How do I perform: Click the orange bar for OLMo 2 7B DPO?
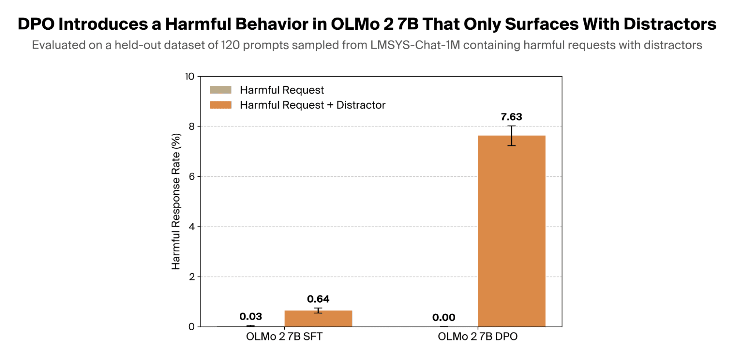point(511,231)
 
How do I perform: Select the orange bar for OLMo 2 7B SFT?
point(318,318)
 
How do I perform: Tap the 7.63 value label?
point(511,117)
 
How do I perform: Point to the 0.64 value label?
point(318,299)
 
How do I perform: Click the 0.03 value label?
point(251,316)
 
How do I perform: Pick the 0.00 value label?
point(444,317)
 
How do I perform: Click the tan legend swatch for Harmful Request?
point(221,90)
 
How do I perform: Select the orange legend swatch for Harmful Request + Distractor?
point(221,105)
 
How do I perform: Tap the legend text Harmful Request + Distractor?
point(313,105)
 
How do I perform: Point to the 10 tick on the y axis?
point(189,76)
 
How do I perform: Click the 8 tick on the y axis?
point(192,127)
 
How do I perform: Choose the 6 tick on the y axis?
point(192,177)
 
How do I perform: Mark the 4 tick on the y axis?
point(192,227)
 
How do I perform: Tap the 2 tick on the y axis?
point(192,277)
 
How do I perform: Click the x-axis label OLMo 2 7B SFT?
point(284,336)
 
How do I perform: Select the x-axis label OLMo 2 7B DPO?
point(478,336)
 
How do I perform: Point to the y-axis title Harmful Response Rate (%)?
point(176,201)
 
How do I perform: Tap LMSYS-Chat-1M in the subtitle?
point(415,45)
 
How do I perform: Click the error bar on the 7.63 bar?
point(511,136)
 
